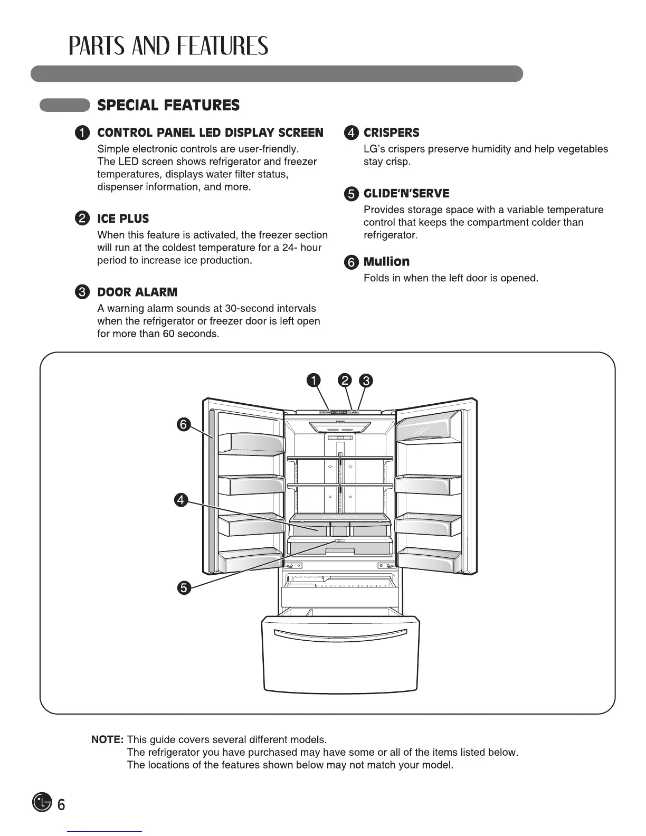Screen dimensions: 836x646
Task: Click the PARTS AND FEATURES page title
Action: [168, 46]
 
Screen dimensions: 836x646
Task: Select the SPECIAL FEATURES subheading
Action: [168, 106]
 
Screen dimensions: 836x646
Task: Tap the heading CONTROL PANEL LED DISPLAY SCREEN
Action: [210, 132]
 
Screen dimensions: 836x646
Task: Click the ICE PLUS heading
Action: [123, 218]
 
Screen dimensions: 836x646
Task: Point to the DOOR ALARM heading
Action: [137, 292]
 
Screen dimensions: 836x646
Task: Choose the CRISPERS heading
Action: [391, 132]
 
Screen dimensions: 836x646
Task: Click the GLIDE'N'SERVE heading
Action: [406, 193]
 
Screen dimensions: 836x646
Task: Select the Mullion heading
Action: [386, 262]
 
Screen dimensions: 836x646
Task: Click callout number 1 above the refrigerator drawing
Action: [313, 380]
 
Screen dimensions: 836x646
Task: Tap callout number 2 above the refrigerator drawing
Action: [345, 380]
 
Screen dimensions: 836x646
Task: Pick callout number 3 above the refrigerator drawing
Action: [366, 380]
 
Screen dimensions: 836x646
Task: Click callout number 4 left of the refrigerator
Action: [181, 500]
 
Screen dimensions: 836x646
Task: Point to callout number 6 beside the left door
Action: [183, 424]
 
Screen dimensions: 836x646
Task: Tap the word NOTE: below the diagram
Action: [108, 739]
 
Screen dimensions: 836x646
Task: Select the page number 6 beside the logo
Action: [61, 805]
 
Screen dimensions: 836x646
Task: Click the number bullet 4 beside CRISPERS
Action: [351, 133]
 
